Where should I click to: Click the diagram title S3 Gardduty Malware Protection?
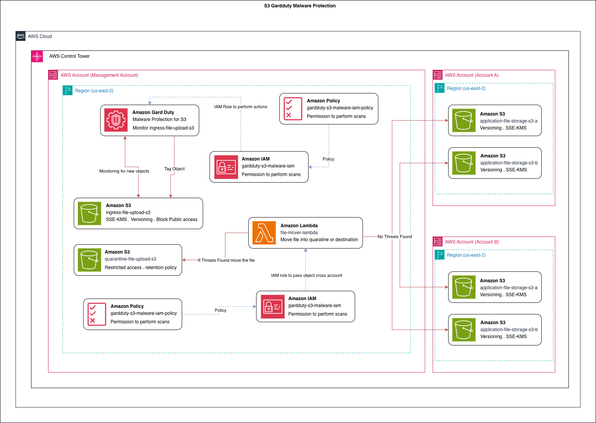[300, 6]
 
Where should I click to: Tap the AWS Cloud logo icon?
[21, 36]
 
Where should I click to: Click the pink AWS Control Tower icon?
[37, 56]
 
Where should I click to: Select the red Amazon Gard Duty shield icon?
[116, 120]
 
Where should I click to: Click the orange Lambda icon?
[264, 233]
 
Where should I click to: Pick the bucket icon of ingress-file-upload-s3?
[89, 213]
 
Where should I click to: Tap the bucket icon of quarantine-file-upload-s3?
[89, 260]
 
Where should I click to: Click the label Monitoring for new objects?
[124, 171]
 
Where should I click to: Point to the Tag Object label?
[174, 169]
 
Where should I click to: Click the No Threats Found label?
[395, 237]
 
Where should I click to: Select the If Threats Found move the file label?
[226, 260]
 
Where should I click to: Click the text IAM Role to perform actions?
[241, 107]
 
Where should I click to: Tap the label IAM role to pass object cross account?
[307, 275]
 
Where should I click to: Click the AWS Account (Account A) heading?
[471, 75]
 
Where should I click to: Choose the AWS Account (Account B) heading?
[471, 242]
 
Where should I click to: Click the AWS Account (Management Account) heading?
[99, 75]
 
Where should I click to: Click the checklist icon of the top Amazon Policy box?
[293, 109]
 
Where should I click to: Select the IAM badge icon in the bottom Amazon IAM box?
[272, 306]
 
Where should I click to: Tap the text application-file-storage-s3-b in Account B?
[509, 330]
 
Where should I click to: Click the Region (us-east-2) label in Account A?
[466, 88]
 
